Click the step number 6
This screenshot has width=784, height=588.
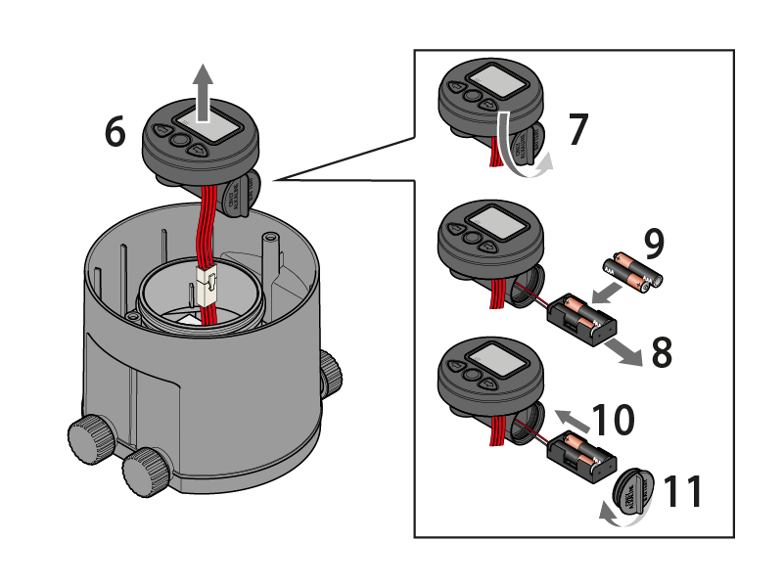[x=115, y=132]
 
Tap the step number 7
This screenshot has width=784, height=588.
[x=578, y=130]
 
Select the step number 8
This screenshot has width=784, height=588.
[x=662, y=353]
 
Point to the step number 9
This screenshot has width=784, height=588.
[x=655, y=242]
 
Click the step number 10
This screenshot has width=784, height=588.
[x=612, y=420]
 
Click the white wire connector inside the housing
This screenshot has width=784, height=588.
[x=208, y=287]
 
